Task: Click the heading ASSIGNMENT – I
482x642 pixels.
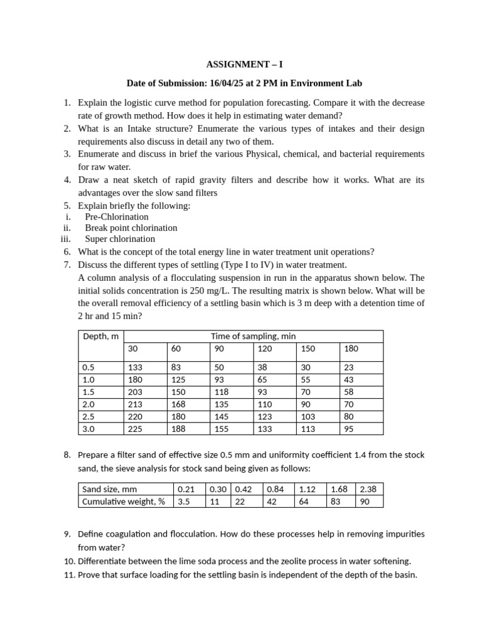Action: (x=240, y=64)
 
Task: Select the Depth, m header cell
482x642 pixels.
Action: (x=100, y=337)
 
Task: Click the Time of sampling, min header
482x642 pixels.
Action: (x=253, y=337)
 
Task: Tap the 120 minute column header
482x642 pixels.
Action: (x=265, y=348)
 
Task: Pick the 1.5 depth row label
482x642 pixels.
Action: (x=88, y=392)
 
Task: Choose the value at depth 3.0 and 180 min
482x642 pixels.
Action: (x=349, y=429)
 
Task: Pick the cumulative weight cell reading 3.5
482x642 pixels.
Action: (x=184, y=502)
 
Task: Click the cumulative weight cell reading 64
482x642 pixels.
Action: (x=304, y=502)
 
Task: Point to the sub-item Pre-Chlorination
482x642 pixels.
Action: (x=117, y=217)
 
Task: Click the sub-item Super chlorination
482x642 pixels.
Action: (x=120, y=239)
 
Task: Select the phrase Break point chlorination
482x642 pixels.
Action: (x=131, y=228)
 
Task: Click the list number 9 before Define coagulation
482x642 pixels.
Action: (x=67, y=534)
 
